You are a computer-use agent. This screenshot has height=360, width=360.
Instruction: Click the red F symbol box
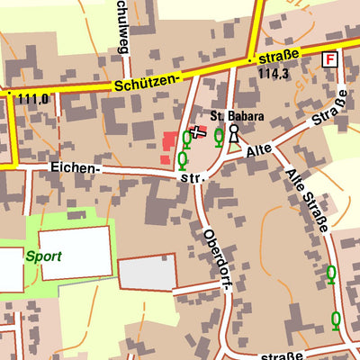pyautogui.click(x=330, y=58)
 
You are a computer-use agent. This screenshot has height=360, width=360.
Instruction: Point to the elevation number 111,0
pyautogui.click(x=32, y=98)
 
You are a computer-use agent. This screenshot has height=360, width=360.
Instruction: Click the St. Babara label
pyautogui.click(x=237, y=116)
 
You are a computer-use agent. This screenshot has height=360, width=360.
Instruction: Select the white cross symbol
pyautogui.click(x=199, y=133)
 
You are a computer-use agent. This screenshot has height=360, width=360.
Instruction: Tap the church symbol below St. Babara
pyautogui.click(x=234, y=135)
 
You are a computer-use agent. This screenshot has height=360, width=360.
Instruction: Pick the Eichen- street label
pyautogui.click(x=76, y=168)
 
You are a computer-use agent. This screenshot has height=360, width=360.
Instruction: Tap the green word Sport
pyautogui.click(x=43, y=256)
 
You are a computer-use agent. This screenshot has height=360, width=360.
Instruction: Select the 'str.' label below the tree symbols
pyautogui.click(x=193, y=178)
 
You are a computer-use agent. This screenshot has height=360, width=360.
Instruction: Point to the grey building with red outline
pyautogui.click(x=147, y=273)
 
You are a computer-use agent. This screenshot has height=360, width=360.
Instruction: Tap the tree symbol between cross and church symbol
pyautogui.click(x=219, y=136)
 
